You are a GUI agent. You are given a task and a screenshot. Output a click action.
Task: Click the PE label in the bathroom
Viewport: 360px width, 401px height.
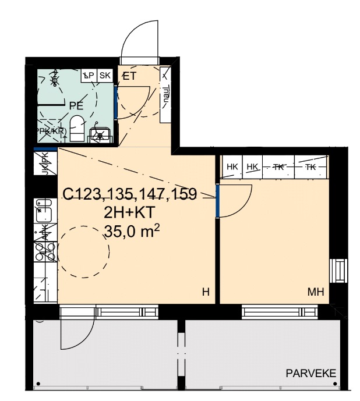(75, 105)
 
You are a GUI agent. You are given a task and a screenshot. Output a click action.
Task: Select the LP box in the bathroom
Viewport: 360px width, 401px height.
(89, 76)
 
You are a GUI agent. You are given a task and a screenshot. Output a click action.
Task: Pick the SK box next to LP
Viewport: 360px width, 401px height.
(105, 76)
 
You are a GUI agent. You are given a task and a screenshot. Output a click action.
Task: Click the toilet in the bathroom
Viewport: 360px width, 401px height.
(76, 126)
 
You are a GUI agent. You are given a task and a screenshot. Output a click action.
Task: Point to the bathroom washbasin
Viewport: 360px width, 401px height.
(101, 135)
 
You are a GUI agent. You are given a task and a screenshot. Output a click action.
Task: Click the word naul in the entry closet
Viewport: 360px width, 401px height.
(165, 93)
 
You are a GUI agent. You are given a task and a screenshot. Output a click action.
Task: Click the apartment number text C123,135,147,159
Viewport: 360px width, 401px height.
(129, 194)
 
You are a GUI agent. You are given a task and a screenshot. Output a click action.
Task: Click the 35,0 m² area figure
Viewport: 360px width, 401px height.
(132, 231)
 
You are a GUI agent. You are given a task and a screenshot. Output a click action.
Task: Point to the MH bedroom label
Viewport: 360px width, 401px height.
(316, 292)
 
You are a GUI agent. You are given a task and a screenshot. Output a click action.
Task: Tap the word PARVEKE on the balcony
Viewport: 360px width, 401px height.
(310, 373)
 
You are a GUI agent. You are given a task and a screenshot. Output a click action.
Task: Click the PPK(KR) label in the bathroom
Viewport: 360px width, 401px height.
(51, 131)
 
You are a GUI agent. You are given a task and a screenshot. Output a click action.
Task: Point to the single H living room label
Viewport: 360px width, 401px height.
(205, 292)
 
